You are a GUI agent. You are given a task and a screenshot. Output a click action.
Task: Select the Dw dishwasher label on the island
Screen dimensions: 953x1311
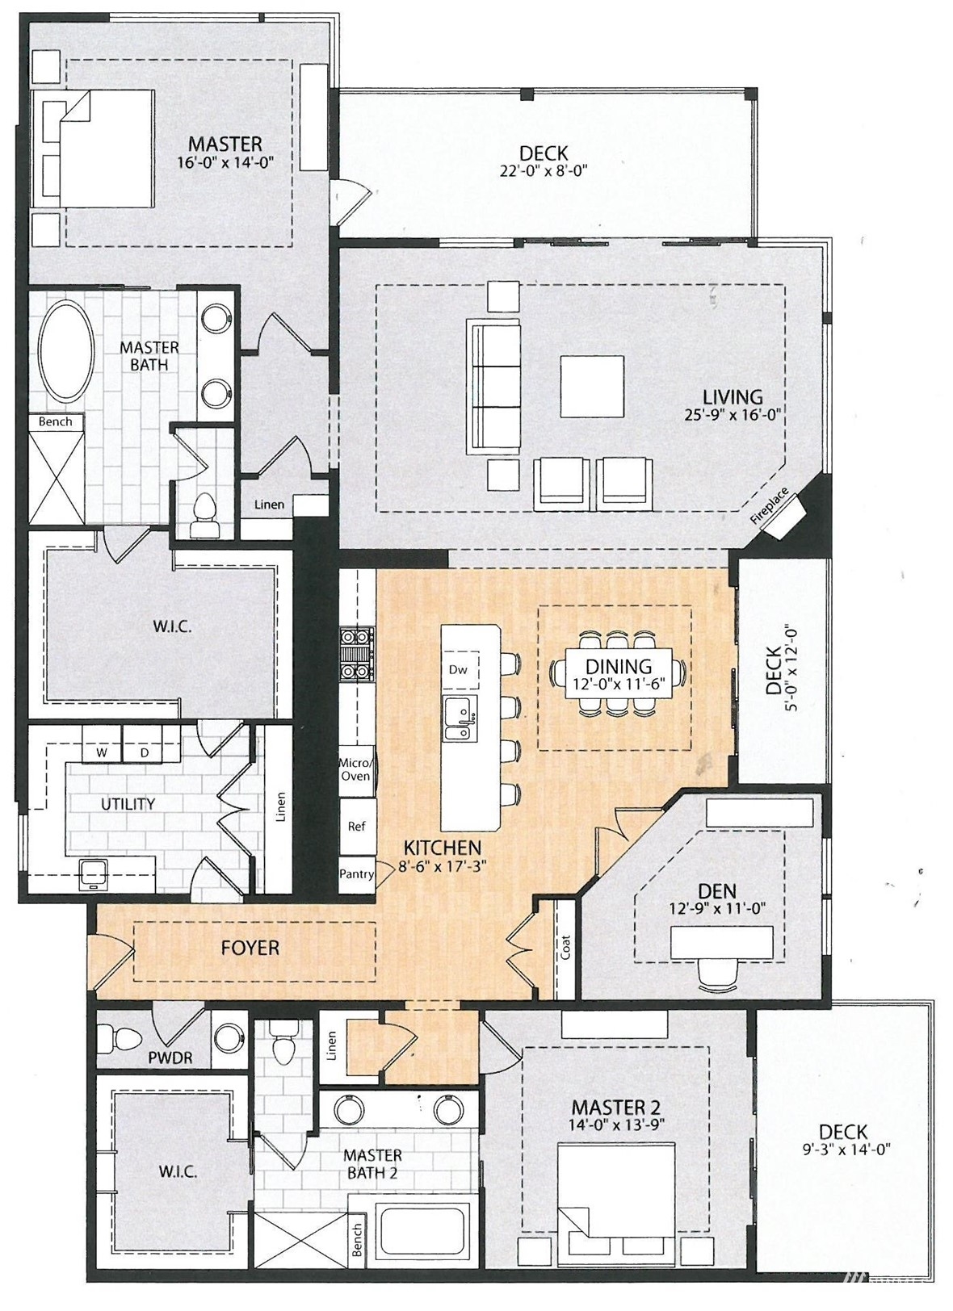pos(459,669)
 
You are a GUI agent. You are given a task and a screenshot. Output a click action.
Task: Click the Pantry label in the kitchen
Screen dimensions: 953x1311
pos(356,873)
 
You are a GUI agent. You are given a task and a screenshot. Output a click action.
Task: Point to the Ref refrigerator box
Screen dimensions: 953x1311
pos(357,826)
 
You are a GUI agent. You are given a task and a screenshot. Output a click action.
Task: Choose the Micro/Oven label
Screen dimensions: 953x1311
pos(355,769)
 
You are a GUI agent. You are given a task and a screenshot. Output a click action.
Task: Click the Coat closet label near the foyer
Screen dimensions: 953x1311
pos(565,946)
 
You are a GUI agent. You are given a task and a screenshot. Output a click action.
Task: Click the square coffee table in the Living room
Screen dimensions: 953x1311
pos(592,386)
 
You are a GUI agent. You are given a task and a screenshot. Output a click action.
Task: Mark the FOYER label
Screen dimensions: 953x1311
pos(250,948)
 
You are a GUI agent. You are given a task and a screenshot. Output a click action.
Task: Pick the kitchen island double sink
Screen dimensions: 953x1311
pos(460,718)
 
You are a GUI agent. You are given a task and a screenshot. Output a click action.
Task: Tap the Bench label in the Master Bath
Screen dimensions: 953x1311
pos(56,421)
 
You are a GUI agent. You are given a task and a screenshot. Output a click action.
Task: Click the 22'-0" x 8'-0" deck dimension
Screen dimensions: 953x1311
pos(544,170)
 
